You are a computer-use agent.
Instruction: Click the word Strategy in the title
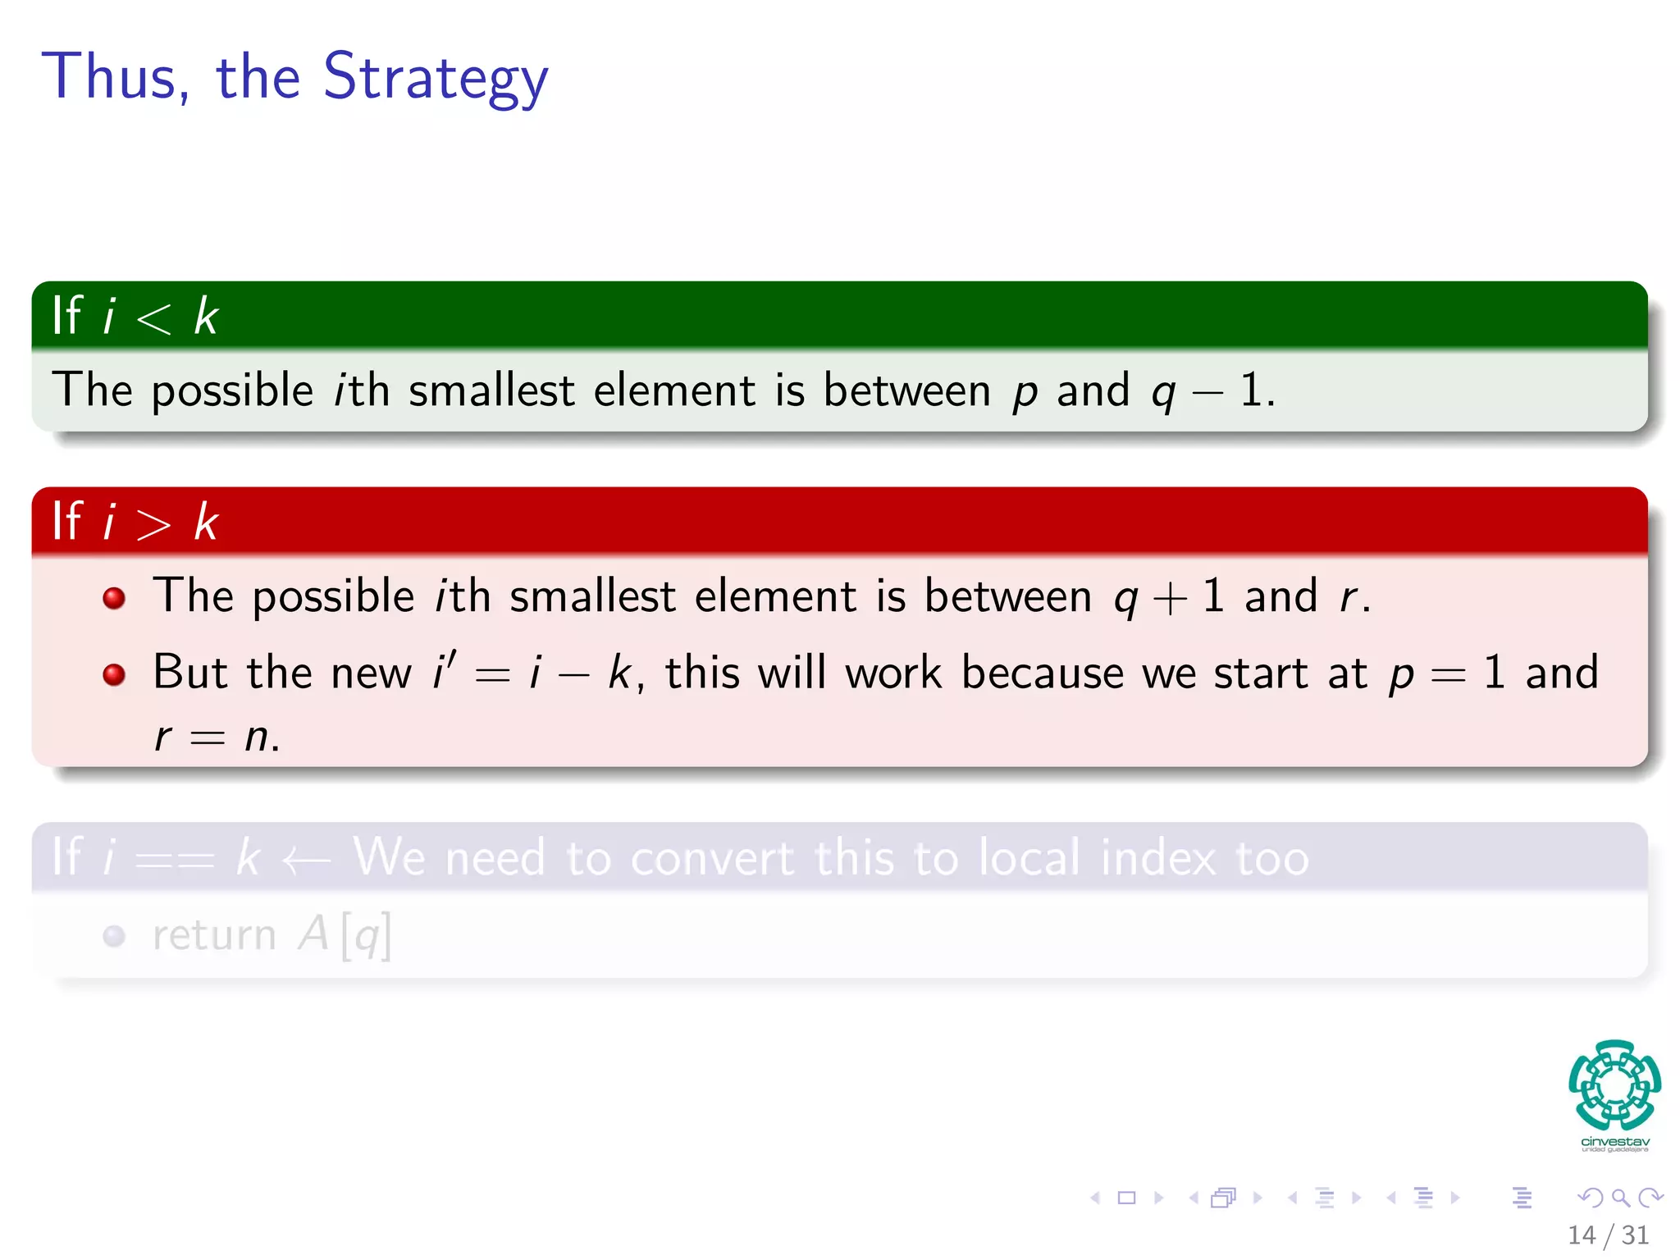(436, 77)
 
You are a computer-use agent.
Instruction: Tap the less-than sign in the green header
(153, 317)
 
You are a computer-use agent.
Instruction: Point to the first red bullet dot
(114, 597)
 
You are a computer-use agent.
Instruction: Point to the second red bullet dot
(114, 674)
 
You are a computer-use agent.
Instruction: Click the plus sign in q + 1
(1170, 598)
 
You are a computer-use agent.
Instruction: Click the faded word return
(214, 935)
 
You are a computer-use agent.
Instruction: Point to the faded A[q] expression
(345, 935)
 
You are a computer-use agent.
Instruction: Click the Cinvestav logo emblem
(1614, 1085)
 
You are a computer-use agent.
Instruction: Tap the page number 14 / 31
(1608, 1235)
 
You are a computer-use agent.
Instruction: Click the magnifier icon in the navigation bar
(1620, 1198)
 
